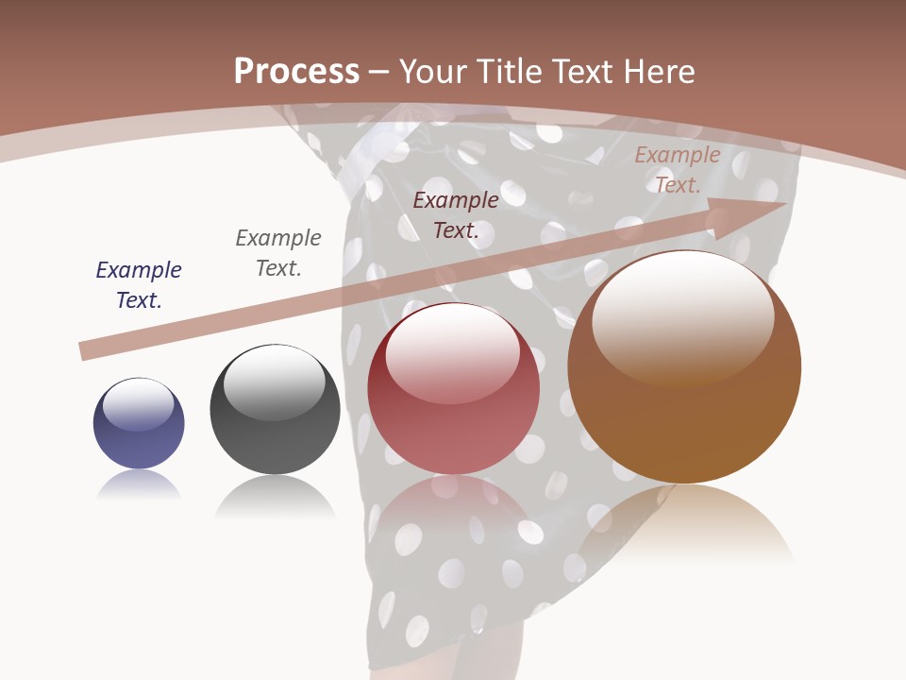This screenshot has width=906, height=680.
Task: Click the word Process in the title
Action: click(296, 72)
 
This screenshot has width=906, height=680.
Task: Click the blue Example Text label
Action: click(139, 284)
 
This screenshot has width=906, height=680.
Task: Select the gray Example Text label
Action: click(278, 252)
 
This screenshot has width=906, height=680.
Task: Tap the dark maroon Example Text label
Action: click(456, 214)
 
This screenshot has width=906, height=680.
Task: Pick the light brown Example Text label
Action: click(678, 170)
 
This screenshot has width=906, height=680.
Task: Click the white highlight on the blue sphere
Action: click(138, 403)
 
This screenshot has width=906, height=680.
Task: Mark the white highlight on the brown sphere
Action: click(682, 316)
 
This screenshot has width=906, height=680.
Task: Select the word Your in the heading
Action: click(434, 72)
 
